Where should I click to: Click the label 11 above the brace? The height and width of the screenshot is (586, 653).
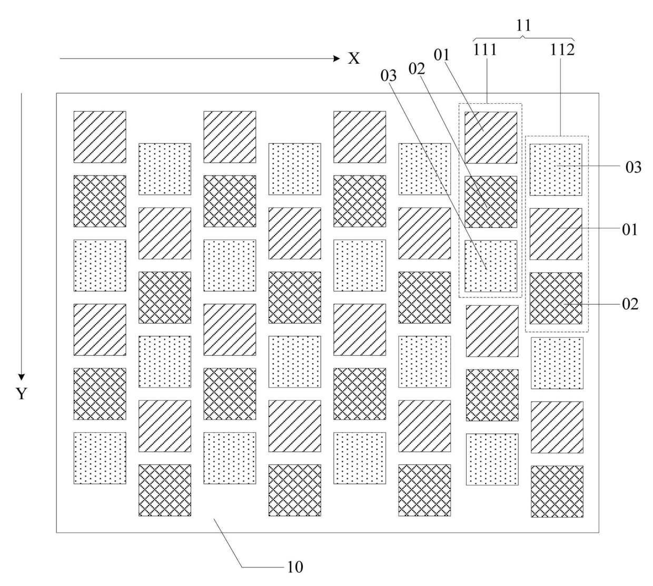(523, 25)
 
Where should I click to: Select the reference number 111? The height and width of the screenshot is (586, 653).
(485, 50)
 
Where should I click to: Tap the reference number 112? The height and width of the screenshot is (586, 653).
(562, 50)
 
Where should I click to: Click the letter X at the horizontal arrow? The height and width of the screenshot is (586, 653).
(353, 58)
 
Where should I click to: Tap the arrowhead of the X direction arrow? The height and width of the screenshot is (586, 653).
(337, 58)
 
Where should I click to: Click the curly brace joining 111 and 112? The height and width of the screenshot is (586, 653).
(523, 38)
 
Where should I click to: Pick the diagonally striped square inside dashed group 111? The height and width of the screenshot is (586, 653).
(491, 138)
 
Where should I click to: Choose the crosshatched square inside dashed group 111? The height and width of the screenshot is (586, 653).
(491, 201)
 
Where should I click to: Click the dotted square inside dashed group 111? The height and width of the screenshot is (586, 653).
(491, 266)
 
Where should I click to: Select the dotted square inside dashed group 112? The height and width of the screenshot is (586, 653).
(556, 170)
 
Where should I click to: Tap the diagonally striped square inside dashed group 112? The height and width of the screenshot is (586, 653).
(556, 234)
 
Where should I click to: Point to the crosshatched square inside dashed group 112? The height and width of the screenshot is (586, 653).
(556, 298)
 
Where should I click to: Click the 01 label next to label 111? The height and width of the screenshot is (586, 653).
(441, 55)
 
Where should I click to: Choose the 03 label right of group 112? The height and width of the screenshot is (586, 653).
(634, 168)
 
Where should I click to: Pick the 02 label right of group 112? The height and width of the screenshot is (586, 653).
(630, 304)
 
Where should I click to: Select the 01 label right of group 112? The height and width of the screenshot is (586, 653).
(630, 230)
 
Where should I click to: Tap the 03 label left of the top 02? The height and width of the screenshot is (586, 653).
(389, 76)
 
